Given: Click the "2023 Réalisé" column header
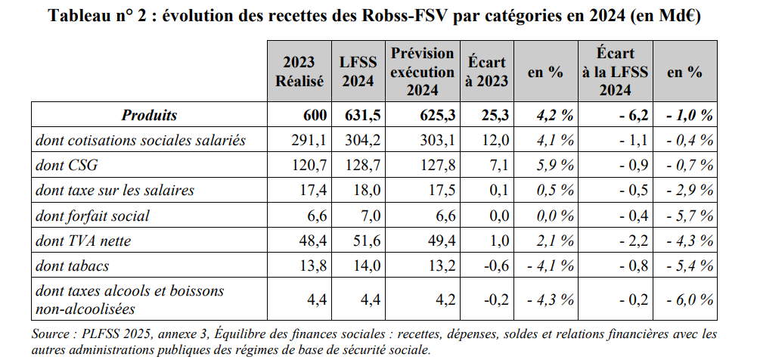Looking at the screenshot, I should [299, 71].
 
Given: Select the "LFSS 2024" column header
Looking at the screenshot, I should [358, 71].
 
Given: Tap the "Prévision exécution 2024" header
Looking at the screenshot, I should [422, 71].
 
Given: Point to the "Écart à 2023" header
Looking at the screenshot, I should [486, 71].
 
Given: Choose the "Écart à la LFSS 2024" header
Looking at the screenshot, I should [615, 71].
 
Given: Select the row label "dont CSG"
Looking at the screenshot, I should [67, 166].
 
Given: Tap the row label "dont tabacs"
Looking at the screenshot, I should [73, 265].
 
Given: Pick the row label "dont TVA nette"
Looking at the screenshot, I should [83, 241].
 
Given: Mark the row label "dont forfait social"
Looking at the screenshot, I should [92, 216].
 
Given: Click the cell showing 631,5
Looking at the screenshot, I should [358, 116].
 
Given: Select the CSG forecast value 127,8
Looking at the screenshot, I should [440, 166].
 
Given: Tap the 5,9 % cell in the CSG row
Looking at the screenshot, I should [554, 166].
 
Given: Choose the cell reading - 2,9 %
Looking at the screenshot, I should [689, 191].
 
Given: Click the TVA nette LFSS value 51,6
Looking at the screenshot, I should [363, 241].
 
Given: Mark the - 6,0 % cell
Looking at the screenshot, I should [689, 299].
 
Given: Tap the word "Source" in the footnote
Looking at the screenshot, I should [52, 334].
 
